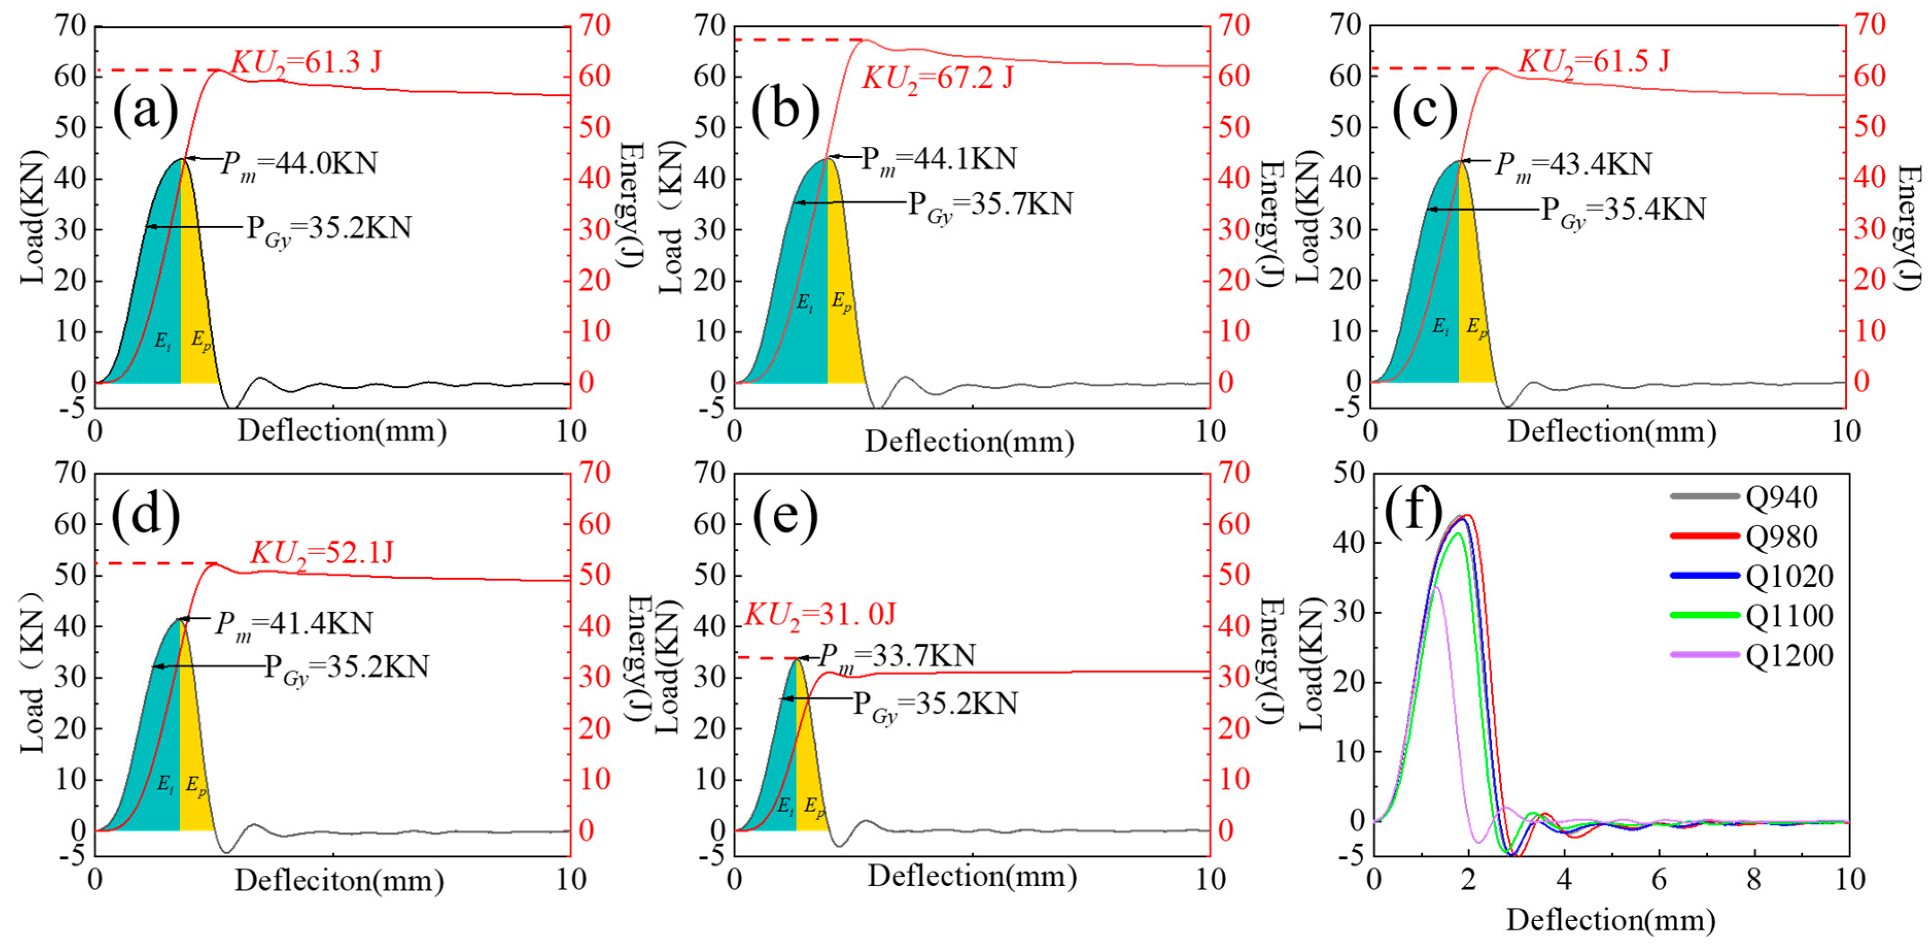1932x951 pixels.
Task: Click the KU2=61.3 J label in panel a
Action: click(306, 63)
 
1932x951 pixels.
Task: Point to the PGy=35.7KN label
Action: click(990, 205)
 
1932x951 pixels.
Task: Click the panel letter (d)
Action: click(146, 516)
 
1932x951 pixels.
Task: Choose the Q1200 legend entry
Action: click(1789, 655)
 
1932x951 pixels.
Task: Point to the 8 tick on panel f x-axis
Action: click(1753, 880)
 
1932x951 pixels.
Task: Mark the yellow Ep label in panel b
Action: click(842, 303)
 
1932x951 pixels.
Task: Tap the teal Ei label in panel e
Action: click(785, 807)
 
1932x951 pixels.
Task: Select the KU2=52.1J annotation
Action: click(322, 554)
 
